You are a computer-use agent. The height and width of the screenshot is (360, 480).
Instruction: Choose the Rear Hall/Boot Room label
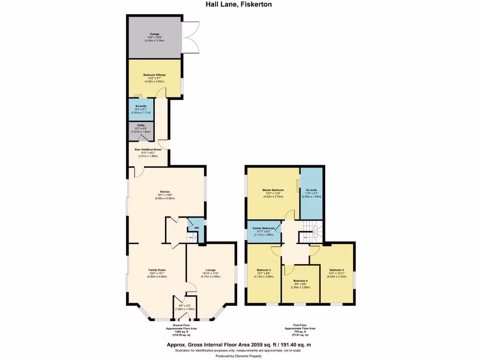coord(148,150)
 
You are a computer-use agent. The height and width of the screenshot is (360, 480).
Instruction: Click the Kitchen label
coord(165,192)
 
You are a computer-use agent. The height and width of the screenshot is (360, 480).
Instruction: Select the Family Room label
coord(157,270)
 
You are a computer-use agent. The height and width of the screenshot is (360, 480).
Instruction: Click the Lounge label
coord(210,270)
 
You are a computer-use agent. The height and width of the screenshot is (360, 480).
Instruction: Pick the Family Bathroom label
coord(264,228)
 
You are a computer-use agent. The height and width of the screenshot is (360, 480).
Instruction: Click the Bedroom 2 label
coord(264,270)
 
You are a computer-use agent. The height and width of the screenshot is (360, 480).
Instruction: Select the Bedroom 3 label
coord(337,270)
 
